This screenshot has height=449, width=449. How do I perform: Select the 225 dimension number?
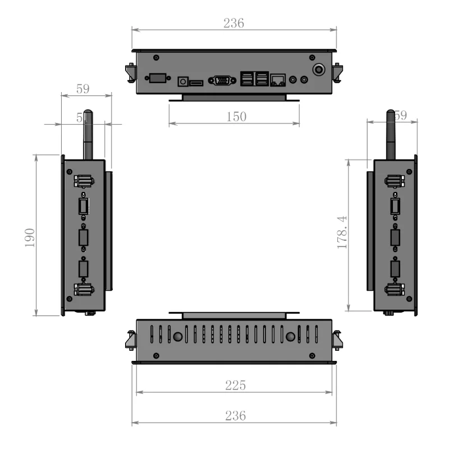(235, 386)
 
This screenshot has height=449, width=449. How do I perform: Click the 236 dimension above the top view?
(234, 23)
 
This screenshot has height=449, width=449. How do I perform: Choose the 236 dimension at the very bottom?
(234, 416)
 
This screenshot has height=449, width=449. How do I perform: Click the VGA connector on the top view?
(223, 80)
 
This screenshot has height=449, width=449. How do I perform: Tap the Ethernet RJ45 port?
(278, 80)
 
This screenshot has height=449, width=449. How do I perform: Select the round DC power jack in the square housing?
(182, 81)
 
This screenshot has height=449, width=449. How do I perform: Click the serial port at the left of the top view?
(156, 78)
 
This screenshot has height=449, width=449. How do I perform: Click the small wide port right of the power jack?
(196, 83)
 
